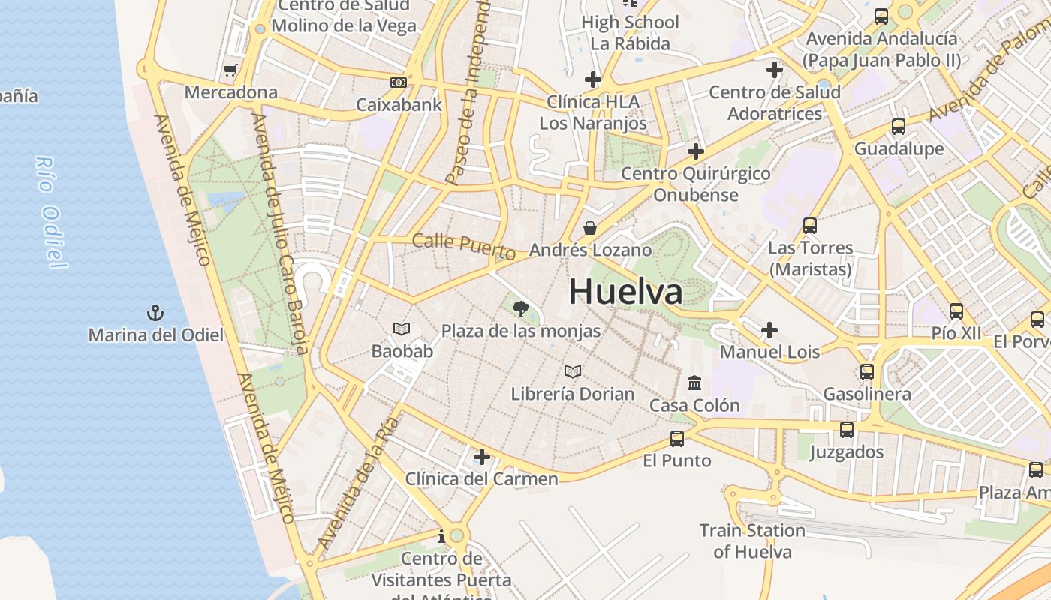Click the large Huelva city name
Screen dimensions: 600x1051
click(x=625, y=292)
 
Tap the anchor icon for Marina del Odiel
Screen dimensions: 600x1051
click(x=155, y=312)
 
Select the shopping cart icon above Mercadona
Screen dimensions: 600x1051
click(x=230, y=70)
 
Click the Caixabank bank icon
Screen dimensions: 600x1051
click(x=399, y=82)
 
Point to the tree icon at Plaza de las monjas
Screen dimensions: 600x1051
click(x=520, y=308)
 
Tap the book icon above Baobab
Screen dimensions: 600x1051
click(x=402, y=328)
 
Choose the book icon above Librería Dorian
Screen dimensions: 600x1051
click(x=573, y=371)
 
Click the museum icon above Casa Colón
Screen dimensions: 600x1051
click(x=694, y=383)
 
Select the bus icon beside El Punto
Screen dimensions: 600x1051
click(x=677, y=439)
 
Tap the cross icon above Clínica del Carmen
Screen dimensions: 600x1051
click(x=482, y=456)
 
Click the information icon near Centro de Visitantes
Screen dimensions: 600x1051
click(x=441, y=536)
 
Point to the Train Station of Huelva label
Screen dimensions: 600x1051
click(x=752, y=541)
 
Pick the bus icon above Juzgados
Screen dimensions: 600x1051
click(x=847, y=430)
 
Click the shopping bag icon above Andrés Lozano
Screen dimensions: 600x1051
click(x=590, y=227)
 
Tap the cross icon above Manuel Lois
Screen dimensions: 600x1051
click(x=769, y=329)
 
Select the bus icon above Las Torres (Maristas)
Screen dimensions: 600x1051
click(x=810, y=225)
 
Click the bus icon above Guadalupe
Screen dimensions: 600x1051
click(x=899, y=126)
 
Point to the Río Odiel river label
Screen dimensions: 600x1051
click(x=50, y=212)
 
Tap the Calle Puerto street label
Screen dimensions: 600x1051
click(x=464, y=245)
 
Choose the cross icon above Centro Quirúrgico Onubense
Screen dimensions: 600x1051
click(x=696, y=151)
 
